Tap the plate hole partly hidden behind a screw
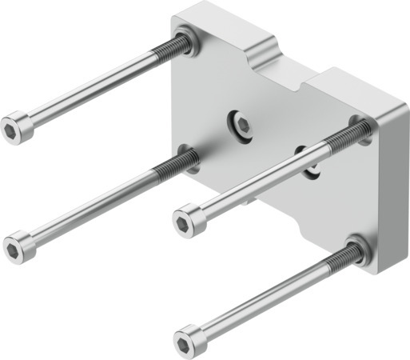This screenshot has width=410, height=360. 308,158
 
